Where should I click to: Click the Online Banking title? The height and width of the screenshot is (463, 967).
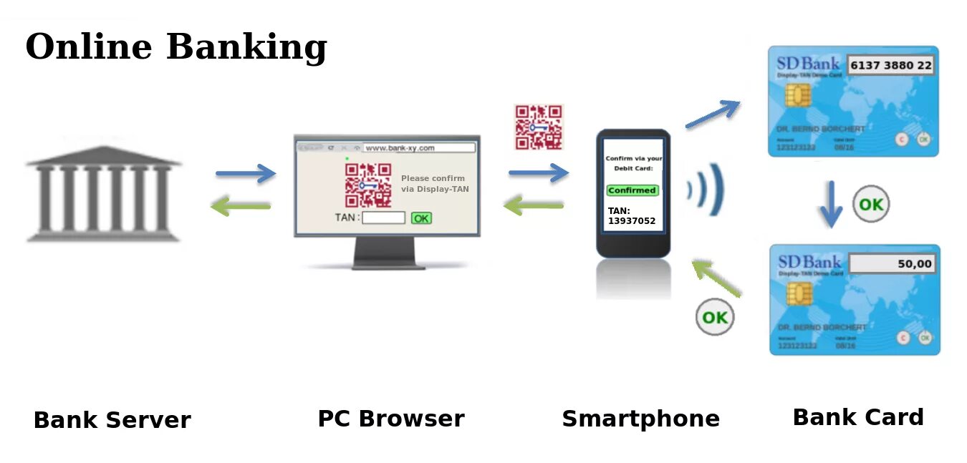pyautogui.click(x=176, y=47)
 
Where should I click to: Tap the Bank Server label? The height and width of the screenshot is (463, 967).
pyautogui.click(x=112, y=420)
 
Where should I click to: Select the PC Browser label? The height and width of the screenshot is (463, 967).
pyautogui.click(x=391, y=419)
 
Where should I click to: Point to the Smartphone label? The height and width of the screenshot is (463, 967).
pyautogui.click(x=640, y=419)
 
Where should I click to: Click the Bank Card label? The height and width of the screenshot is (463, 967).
pyautogui.click(x=858, y=417)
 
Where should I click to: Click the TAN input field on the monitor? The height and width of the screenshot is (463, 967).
pyautogui.click(x=383, y=218)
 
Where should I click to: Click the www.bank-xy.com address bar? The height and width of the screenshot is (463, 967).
pyautogui.click(x=419, y=148)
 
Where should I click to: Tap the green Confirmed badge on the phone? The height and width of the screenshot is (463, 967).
pyautogui.click(x=632, y=190)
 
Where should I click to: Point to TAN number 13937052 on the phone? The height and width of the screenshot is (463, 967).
pyautogui.click(x=632, y=221)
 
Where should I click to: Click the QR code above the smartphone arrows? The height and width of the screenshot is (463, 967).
pyautogui.click(x=539, y=127)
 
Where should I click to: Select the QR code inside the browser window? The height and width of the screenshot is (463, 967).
pyautogui.click(x=367, y=185)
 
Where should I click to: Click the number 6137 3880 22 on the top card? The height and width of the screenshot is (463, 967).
pyautogui.click(x=891, y=66)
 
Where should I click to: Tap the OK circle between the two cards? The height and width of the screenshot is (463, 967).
pyautogui.click(x=870, y=205)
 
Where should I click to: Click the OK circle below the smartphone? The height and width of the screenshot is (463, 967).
pyautogui.click(x=715, y=317)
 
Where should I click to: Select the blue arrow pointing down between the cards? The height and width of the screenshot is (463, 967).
pyautogui.click(x=831, y=204)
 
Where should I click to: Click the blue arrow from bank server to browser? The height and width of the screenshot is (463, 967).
pyautogui.click(x=246, y=173)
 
